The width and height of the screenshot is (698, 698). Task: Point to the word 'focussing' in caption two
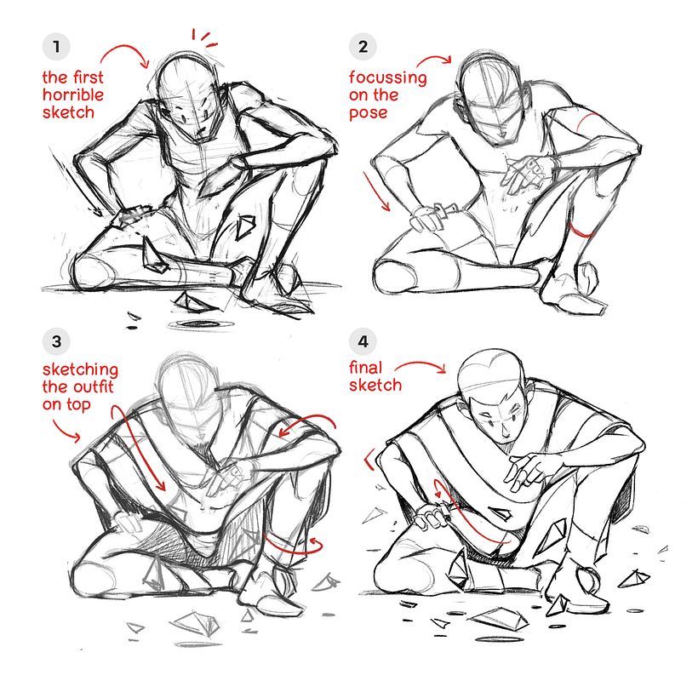[388, 78]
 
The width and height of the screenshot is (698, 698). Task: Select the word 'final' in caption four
[366, 368]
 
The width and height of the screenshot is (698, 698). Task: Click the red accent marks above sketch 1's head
[203, 37]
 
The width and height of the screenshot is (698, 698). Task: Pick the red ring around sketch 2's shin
[583, 232]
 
